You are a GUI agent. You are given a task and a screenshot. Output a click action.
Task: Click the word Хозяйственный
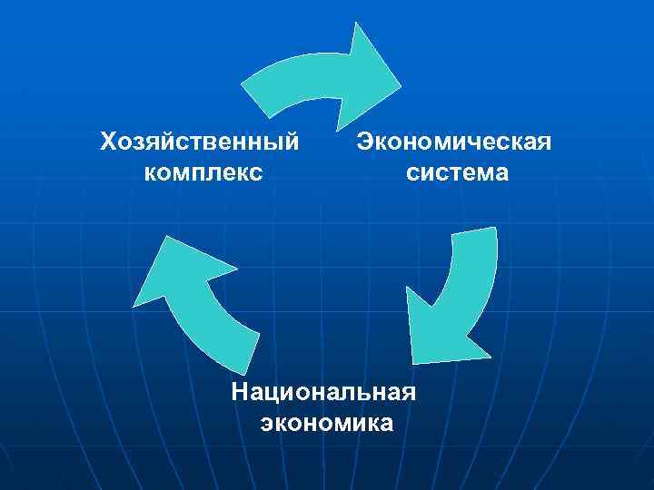(200, 142)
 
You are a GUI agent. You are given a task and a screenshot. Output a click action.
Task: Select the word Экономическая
(454, 142)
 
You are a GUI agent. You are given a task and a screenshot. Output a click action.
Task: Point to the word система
(458, 171)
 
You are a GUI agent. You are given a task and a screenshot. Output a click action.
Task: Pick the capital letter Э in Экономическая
(363, 142)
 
